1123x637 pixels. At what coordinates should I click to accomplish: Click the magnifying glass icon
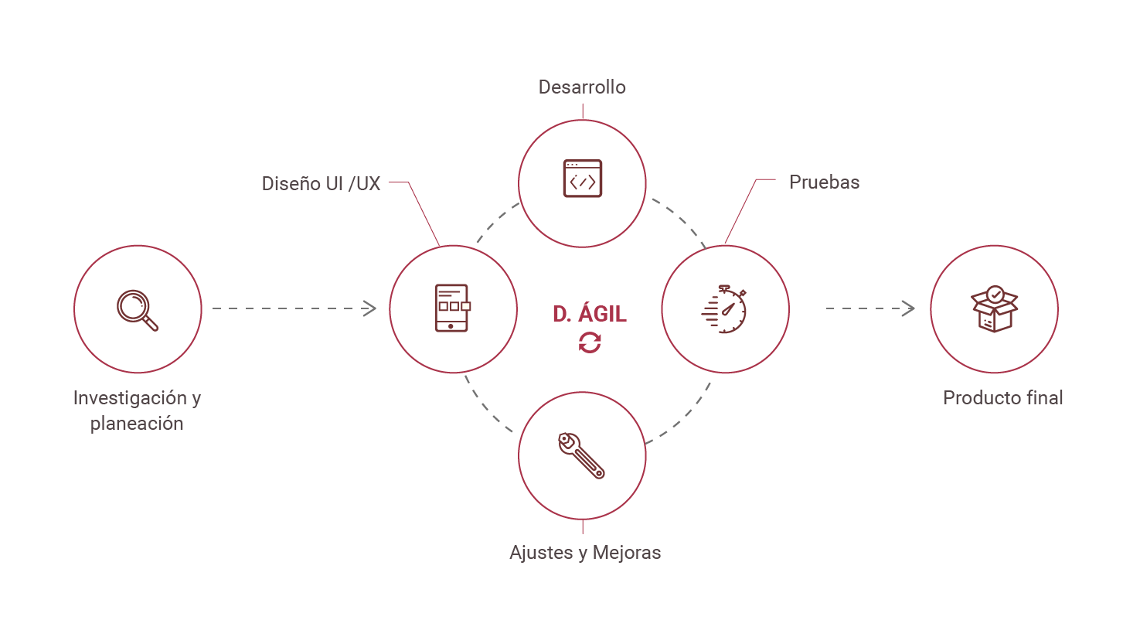138,309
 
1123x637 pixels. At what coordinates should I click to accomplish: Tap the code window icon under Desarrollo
582,179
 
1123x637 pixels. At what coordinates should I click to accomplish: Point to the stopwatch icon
725,309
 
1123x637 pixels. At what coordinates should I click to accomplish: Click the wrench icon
581,456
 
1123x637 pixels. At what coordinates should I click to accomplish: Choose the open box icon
994,308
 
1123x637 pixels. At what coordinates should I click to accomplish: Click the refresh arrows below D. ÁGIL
589,342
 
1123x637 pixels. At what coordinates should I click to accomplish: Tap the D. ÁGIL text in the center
589,314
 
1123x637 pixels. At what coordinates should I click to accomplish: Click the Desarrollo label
582,87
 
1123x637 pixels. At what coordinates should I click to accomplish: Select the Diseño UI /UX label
321,184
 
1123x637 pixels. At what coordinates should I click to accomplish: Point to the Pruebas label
824,182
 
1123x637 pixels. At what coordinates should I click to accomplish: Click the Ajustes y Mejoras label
585,553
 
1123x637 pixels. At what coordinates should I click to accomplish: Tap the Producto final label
1002,398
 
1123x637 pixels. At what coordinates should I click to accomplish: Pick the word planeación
137,424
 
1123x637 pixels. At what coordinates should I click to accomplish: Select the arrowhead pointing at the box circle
909,308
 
